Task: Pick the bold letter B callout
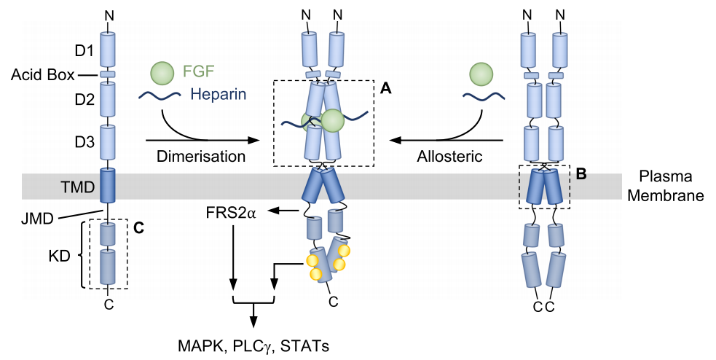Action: pos(581,174)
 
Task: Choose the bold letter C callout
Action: pos(139,228)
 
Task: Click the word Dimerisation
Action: pos(200,156)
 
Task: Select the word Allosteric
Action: pos(448,156)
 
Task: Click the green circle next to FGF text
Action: pos(162,72)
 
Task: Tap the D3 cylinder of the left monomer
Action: pos(108,141)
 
